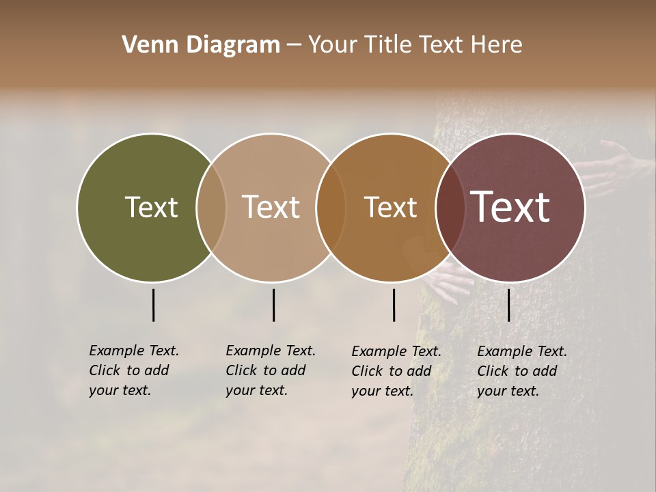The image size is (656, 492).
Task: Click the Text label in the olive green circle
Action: (x=151, y=207)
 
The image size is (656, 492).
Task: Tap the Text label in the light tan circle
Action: (x=271, y=207)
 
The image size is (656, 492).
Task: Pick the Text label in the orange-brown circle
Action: (x=390, y=207)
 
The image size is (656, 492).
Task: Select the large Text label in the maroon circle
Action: (x=510, y=207)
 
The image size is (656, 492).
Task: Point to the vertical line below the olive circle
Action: (x=153, y=305)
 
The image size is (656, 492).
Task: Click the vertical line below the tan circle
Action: (x=273, y=305)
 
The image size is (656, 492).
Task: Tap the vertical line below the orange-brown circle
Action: (x=394, y=305)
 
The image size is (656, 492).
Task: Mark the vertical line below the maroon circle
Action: (x=508, y=305)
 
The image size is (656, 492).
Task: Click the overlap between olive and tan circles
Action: (x=211, y=207)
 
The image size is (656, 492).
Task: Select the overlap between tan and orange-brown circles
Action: (x=331, y=207)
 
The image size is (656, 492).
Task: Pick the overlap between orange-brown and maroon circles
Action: (x=450, y=207)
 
